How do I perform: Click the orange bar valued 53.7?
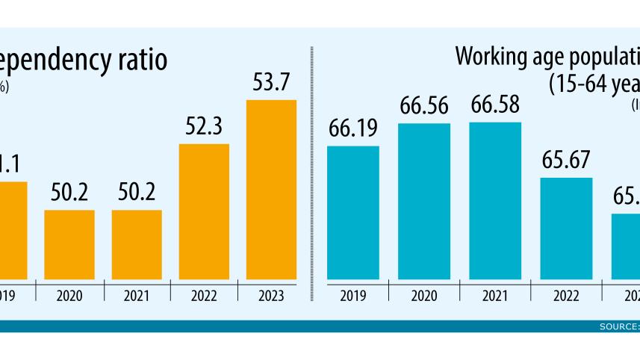(x=271, y=190)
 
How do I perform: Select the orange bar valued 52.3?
(x=204, y=212)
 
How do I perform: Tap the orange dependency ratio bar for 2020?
(x=69, y=245)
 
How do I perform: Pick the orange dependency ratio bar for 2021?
(x=137, y=245)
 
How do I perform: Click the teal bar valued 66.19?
(x=353, y=214)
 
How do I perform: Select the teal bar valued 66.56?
(x=424, y=202)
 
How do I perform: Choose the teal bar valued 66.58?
(x=494, y=202)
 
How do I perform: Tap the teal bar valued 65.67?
(x=566, y=229)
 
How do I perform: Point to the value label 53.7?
(x=271, y=83)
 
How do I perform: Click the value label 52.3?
(x=204, y=127)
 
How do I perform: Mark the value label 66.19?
(x=353, y=129)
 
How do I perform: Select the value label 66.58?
(x=494, y=106)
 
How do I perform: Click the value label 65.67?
(x=566, y=161)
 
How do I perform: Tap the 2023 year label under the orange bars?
(x=271, y=297)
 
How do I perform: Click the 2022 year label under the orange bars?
(x=204, y=297)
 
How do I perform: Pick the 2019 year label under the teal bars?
(x=353, y=297)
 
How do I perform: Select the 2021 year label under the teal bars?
(x=494, y=297)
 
